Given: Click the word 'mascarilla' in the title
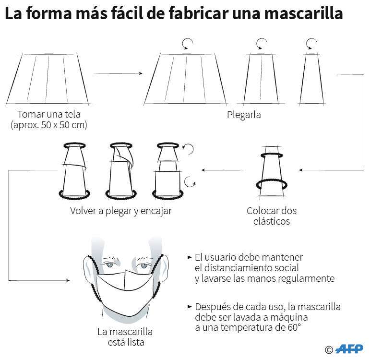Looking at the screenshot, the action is pyautogui.click(x=303, y=13).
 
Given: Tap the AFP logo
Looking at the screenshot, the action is pyautogui.click(x=349, y=349).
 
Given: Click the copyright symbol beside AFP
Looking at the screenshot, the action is pyautogui.click(x=329, y=350).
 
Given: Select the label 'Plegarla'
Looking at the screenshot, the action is pyautogui.click(x=244, y=115).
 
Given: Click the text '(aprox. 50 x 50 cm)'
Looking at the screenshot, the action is pyautogui.click(x=49, y=125).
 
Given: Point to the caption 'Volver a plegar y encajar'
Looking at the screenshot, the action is pyautogui.click(x=121, y=211).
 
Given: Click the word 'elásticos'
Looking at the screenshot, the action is pyautogui.click(x=272, y=221).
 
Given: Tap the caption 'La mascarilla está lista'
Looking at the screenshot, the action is pyautogui.click(x=125, y=337).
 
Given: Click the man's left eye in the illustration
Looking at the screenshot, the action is pyautogui.click(x=143, y=266).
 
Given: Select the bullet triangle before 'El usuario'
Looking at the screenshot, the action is pyautogui.click(x=190, y=257).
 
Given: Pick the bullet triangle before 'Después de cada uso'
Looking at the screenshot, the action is pyautogui.click(x=190, y=307).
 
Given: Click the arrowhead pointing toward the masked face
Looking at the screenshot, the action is pyautogui.click(x=68, y=280).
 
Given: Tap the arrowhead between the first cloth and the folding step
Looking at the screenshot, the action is pyautogui.click(x=141, y=73).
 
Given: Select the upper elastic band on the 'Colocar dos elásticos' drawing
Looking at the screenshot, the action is pyautogui.click(x=272, y=155).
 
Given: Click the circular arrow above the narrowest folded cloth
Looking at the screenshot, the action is pyautogui.click(x=311, y=44).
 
